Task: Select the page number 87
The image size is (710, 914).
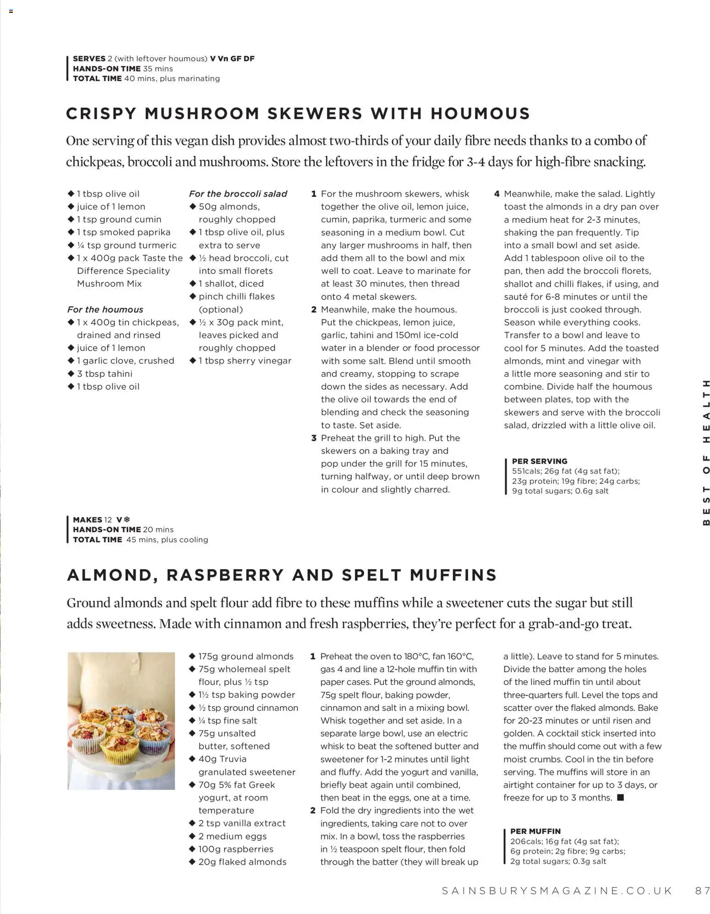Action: pos(702,891)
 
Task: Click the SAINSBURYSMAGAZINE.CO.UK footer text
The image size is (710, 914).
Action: pos(557,891)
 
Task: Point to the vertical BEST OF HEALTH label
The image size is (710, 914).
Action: pos(706,452)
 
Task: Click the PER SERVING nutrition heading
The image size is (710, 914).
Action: pos(539,461)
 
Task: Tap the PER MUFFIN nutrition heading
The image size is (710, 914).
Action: pos(535,831)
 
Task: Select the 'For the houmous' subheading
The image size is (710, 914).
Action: pos(105,310)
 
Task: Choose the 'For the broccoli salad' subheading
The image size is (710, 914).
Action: pos(238,194)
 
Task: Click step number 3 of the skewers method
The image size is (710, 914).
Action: pos(314,438)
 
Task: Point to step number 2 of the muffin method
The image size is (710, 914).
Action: pos(313,811)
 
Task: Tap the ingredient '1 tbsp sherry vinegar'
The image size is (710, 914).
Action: pos(245,361)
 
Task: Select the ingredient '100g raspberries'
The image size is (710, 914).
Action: pos(235,849)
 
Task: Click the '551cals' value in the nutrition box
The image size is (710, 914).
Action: pos(526,471)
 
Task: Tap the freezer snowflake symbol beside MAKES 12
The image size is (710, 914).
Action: pos(127,519)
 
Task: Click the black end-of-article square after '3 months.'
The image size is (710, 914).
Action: pos(621,798)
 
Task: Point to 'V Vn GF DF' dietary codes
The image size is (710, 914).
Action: pos(232,59)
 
